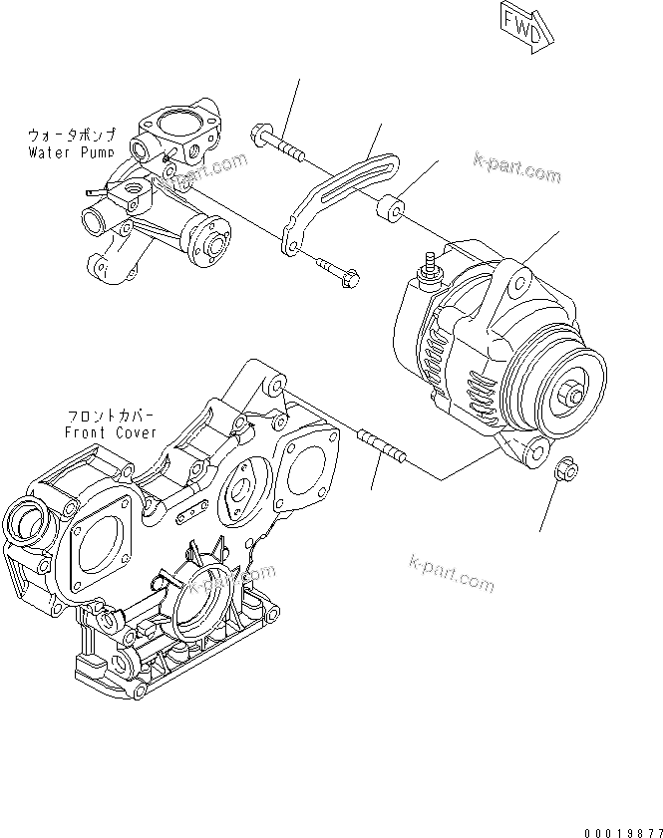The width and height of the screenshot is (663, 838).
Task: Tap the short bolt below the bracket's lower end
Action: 338,272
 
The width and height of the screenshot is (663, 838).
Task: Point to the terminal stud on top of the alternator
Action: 432,268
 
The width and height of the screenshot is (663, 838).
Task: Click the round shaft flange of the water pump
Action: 213,240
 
